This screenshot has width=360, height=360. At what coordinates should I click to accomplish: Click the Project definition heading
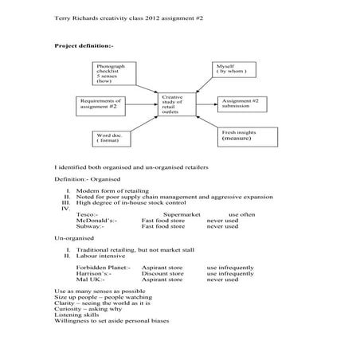point(84,46)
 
